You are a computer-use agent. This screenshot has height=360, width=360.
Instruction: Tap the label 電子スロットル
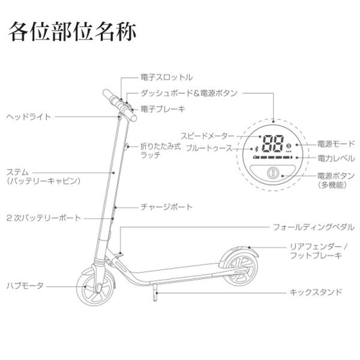pos(166,77)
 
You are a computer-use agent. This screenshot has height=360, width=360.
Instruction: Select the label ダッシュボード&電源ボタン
pos(190,93)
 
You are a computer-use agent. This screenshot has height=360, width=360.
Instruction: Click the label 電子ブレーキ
pos(163,109)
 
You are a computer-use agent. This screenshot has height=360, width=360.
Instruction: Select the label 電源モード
pos(336,144)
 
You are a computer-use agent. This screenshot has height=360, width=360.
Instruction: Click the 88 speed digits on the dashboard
pos(274,145)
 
